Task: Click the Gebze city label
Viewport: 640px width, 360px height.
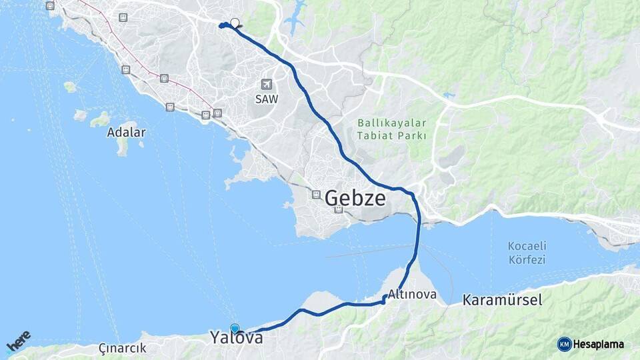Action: point(355,198)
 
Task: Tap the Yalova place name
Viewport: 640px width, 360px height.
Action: point(236,338)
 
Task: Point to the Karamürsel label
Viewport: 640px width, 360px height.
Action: point(502,300)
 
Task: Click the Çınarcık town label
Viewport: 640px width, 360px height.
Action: point(122,348)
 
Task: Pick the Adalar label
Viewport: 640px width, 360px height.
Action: point(126,132)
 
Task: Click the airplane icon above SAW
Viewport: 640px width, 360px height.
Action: point(267,85)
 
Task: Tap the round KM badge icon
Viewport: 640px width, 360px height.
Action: point(565,344)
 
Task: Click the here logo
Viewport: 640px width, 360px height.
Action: point(18,342)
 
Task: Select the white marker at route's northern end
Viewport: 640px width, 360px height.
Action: point(235,22)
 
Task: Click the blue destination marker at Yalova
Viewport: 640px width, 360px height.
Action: point(235,328)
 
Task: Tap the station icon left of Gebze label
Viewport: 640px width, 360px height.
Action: point(316,195)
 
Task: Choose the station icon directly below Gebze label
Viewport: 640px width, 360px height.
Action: point(339,209)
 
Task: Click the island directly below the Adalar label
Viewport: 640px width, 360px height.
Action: point(123,147)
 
